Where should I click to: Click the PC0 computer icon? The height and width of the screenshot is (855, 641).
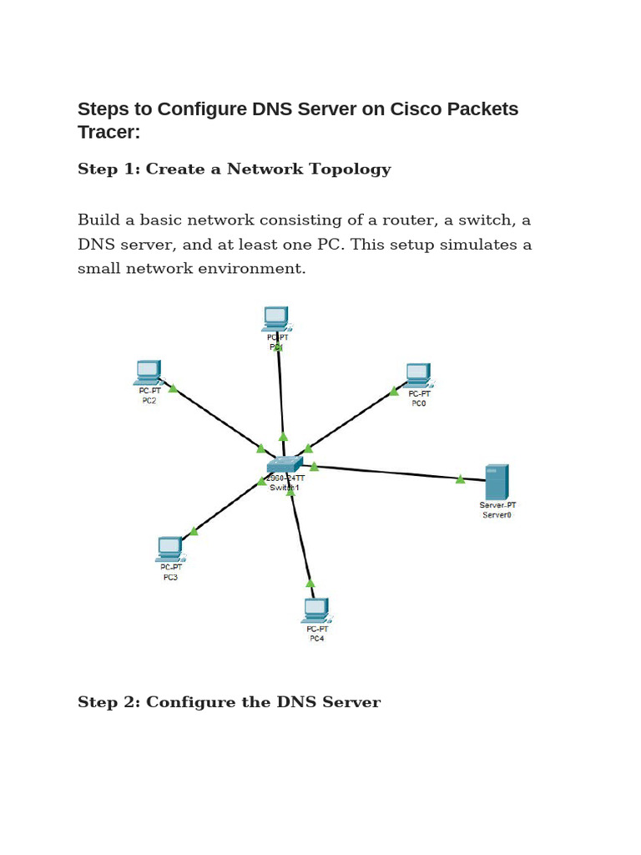pos(417,375)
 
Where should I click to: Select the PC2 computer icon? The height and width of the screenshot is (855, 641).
pos(147,372)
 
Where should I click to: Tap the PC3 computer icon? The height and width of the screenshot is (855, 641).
pos(169,549)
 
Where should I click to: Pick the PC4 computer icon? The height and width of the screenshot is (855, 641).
pos(315,610)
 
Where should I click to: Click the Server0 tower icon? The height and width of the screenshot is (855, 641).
pos(497,482)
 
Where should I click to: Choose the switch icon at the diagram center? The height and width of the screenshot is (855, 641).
pos(285,465)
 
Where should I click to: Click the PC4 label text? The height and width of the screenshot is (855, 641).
pos(316,639)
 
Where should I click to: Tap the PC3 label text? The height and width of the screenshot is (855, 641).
pos(170,578)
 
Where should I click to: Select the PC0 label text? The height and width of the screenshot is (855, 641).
pos(418,403)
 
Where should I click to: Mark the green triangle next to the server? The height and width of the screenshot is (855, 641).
pos(460,479)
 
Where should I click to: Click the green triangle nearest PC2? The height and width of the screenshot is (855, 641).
pos(173,388)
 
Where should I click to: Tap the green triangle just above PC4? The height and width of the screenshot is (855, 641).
pos(310,583)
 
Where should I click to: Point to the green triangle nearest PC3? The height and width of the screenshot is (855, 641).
pos(194,531)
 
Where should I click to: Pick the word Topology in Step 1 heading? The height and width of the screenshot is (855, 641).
pos(350,169)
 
